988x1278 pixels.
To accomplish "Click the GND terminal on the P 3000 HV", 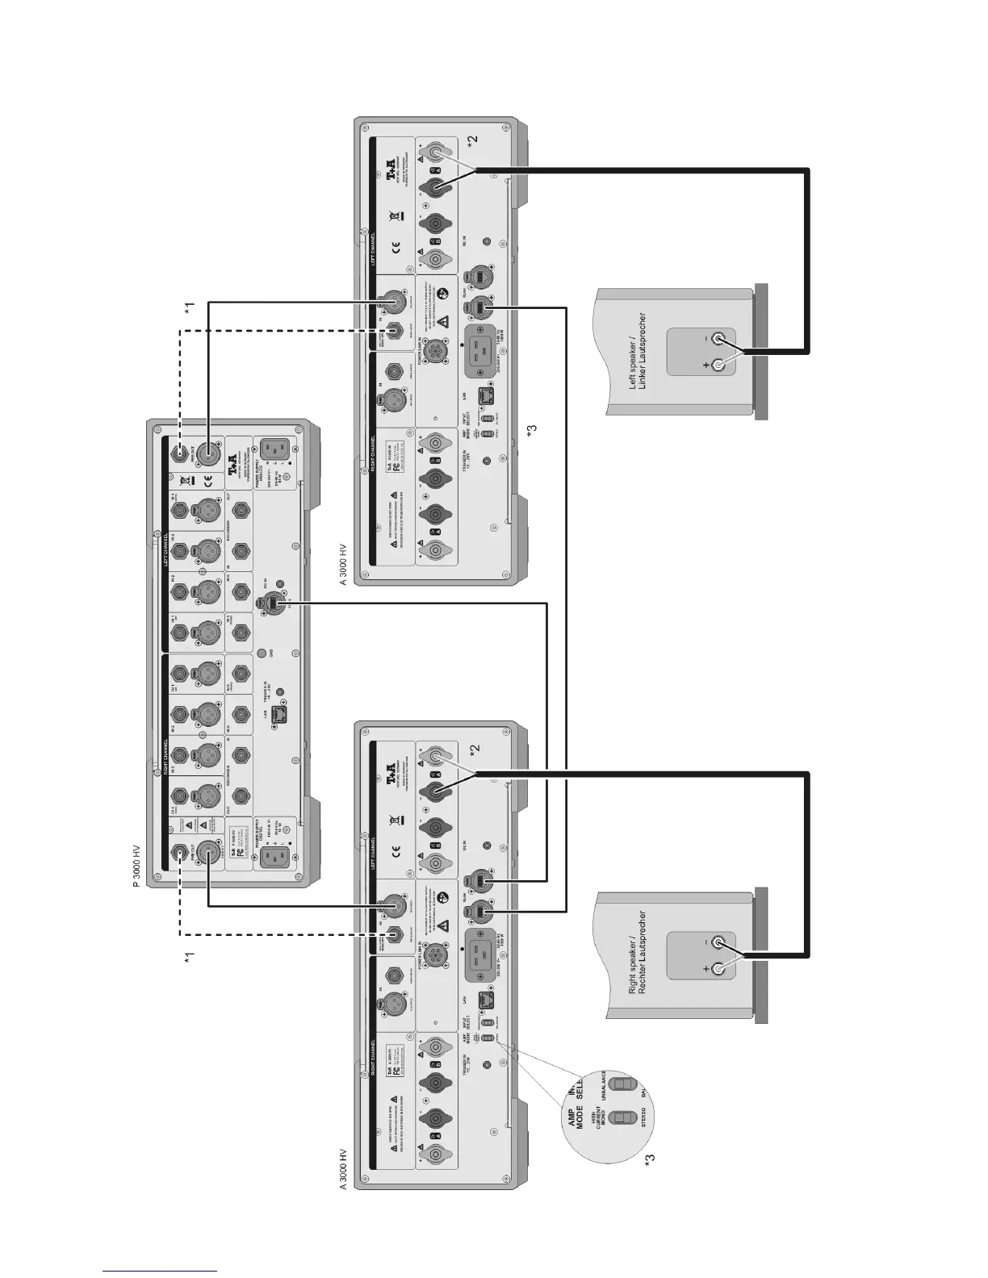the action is pyautogui.click(x=262, y=652).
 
